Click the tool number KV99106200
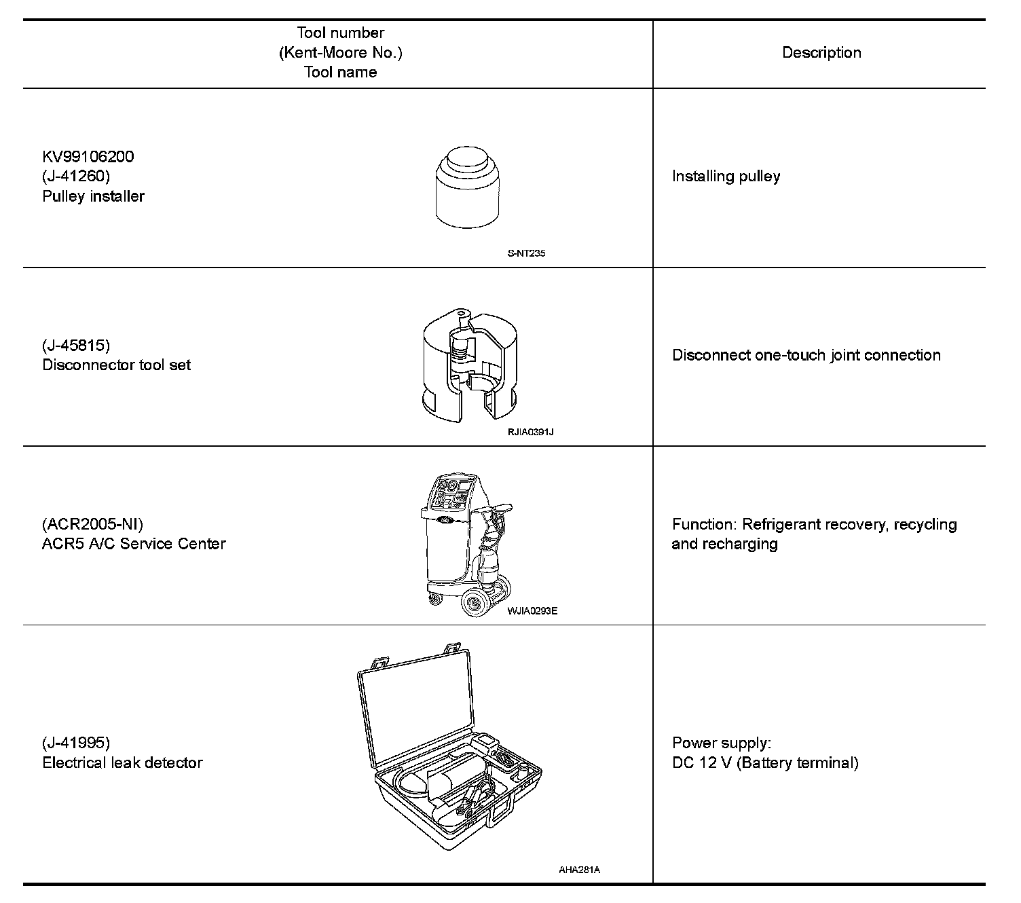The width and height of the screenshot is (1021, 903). (88, 157)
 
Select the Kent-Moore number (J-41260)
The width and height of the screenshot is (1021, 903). (76, 177)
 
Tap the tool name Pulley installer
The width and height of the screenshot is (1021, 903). (94, 196)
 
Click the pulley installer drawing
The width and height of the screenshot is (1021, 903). (469, 187)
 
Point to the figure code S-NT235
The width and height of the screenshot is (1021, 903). (526, 253)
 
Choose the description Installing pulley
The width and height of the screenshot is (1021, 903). (726, 177)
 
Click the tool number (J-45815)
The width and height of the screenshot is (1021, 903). (76, 346)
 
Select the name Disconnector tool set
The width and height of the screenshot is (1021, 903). (116, 365)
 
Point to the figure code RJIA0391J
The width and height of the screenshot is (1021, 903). (530, 432)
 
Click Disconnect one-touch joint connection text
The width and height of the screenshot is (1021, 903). (806, 355)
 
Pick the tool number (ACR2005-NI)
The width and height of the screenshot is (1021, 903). (93, 524)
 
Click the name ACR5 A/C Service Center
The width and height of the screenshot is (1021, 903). (134, 544)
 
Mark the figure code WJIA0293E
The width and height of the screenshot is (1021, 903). (532, 610)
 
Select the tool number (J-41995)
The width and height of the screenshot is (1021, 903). (76, 743)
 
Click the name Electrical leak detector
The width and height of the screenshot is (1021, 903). (122, 762)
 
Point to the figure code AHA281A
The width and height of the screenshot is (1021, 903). (579, 870)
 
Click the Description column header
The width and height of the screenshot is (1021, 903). (821, 53)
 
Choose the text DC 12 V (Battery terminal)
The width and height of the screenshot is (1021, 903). (765, 762)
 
